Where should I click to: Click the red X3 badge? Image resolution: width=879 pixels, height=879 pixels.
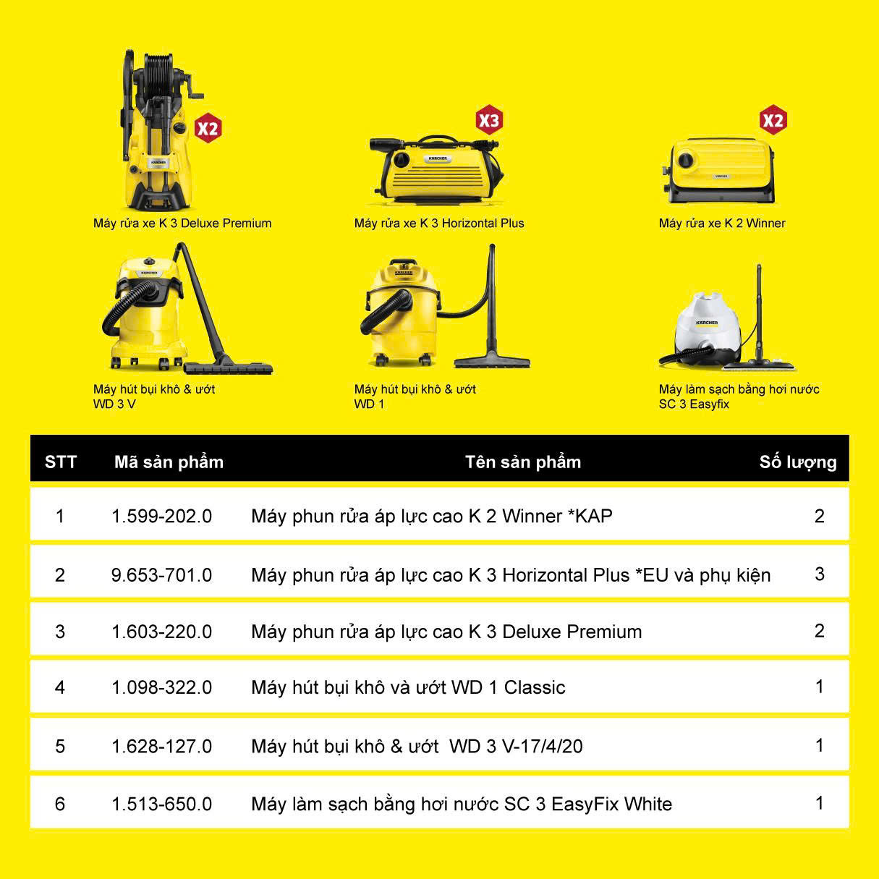488,121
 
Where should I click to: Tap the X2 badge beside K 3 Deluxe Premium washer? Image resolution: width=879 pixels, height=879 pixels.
208,128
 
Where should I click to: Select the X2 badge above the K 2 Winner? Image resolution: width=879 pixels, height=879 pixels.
773,120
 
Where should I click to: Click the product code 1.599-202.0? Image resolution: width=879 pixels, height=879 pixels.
162,516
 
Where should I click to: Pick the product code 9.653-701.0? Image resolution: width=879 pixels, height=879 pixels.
162,574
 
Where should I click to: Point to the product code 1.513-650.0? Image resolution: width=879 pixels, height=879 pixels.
162,804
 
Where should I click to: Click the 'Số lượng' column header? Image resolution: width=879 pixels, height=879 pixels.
798,462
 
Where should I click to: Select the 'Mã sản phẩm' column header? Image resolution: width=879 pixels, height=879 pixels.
169,462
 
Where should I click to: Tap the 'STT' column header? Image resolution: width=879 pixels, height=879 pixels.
61,462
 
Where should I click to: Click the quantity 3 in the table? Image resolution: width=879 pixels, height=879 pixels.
819,574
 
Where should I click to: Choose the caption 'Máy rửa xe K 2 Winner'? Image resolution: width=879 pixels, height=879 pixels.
722,223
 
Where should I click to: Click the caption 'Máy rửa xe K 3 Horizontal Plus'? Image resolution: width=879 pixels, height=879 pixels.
439,223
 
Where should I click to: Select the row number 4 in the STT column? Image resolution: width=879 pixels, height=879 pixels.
60,687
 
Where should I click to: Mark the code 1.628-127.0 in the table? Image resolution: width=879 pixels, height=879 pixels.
162,747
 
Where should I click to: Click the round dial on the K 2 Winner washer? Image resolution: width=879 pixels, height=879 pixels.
685,160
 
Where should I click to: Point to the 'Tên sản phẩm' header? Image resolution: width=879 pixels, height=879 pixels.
523,462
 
